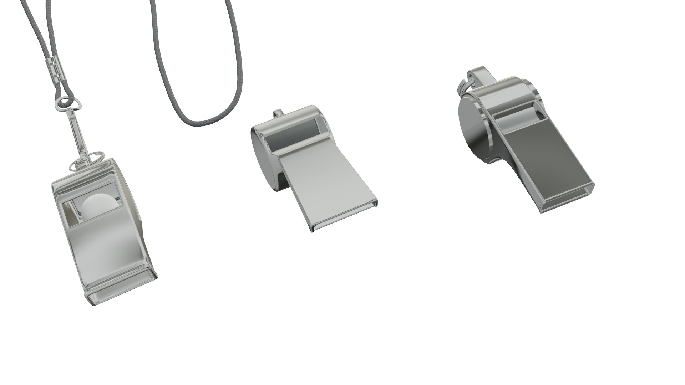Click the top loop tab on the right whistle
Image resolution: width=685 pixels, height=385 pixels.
point(480,75)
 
